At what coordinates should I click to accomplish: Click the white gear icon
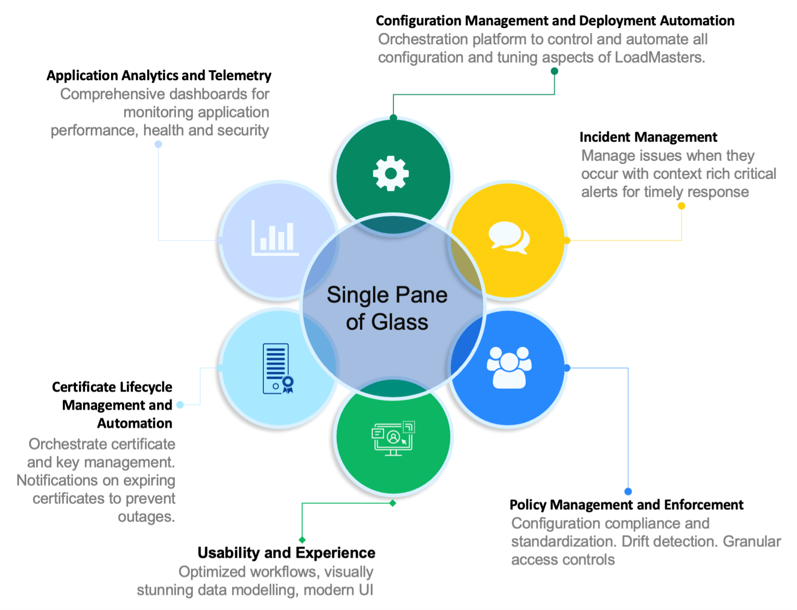pos(391,174)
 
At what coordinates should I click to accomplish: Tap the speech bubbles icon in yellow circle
pos(509,238)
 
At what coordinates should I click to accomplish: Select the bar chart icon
pos(275,238)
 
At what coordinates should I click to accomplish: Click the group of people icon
pos(509,367)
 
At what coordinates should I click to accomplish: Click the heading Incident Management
pos(648,137)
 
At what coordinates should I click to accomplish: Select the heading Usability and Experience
pos(286,553)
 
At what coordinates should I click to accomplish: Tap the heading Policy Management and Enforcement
pos(626,505)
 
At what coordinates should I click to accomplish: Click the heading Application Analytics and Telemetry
pos(159,75)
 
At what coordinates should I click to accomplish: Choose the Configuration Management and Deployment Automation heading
pos(555,21)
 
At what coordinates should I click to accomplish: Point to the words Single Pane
pos(387,295)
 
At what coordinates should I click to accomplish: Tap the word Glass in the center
pos(400,322)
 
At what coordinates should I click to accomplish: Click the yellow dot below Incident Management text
pos(681,206)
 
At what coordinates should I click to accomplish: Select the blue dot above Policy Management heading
pos(628,491)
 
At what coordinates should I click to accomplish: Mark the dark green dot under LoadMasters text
pos(555,71)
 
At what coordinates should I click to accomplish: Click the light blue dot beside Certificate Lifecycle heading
pos(180,405)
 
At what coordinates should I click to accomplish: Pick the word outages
pos(146,516)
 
